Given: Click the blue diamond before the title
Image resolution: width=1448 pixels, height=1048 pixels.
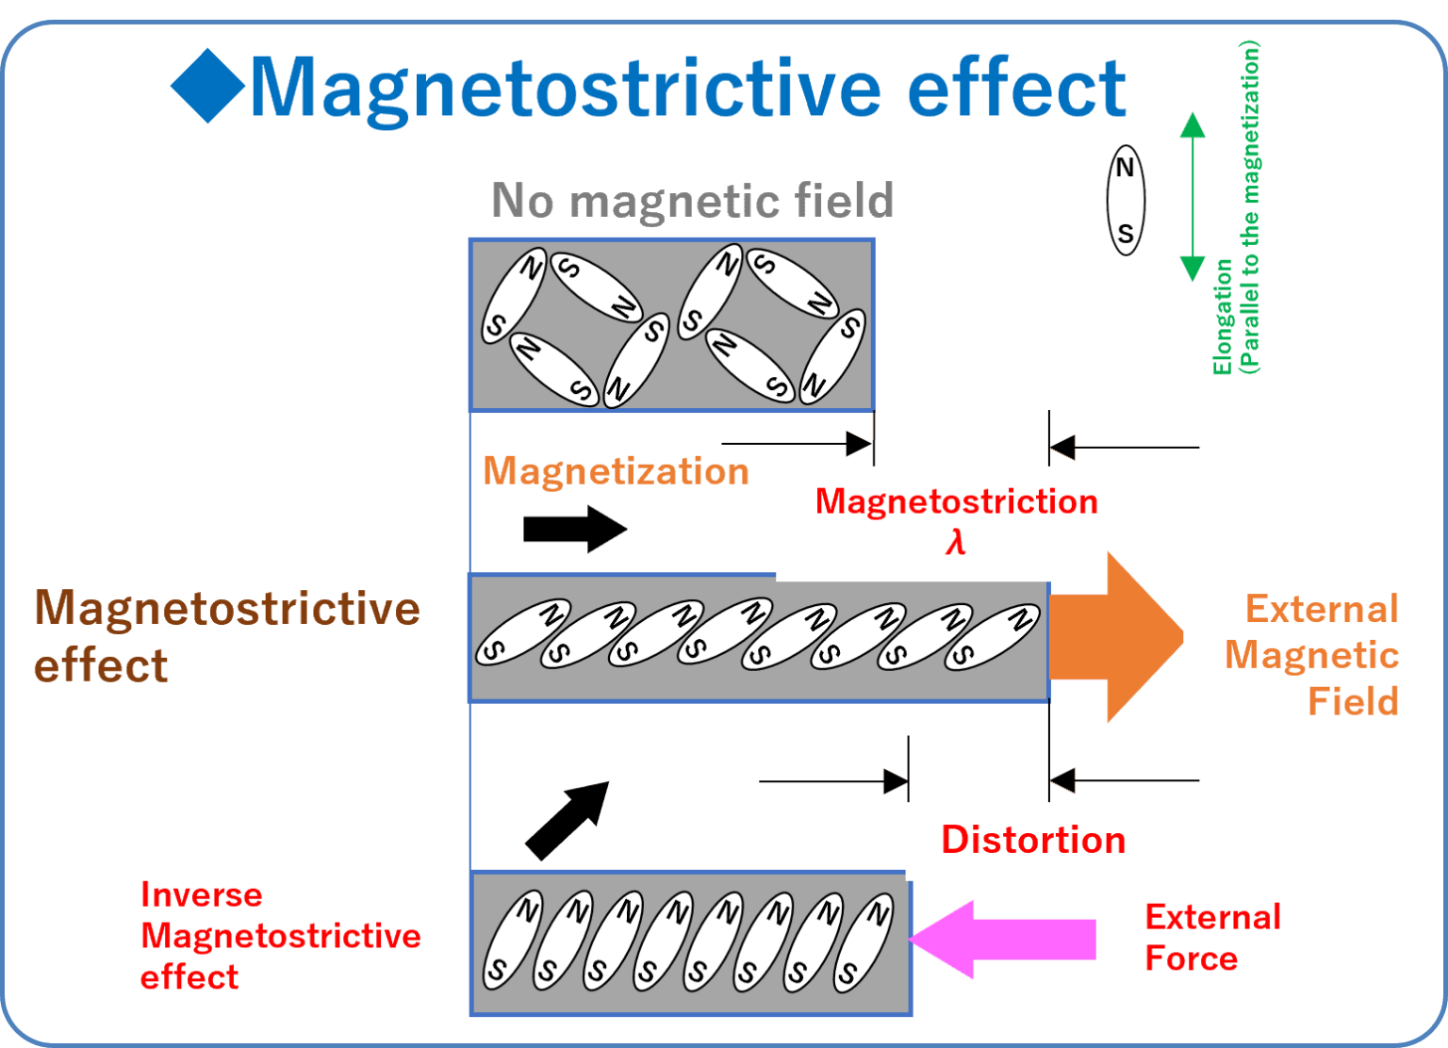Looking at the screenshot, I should click(x=207, y=87).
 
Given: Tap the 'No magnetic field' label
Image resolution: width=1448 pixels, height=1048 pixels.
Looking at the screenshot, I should click(x=692, y=200).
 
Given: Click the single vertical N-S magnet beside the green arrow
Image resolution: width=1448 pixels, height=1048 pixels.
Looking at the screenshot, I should click(x=1125, y=200).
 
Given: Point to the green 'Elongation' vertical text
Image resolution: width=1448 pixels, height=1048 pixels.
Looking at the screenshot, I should click(x=1224, y=317).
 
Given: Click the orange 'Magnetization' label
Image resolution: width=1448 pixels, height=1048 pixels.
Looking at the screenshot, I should click(x=616, y=470).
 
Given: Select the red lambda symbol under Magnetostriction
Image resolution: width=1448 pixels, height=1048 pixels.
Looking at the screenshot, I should click(x=955, y=542).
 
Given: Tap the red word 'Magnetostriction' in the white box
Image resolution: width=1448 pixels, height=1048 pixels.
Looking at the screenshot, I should click(x=956, y=501).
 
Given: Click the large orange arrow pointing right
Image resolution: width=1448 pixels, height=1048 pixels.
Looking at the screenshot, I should click(x=1117, y=638).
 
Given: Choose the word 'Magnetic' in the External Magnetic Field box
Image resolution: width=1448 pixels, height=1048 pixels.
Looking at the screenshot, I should click(x=1311, y=655).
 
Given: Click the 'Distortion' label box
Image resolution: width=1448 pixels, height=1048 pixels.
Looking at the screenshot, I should click(x=1033, y=840).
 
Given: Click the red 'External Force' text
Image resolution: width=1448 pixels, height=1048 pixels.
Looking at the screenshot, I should click(x=1211, y=937).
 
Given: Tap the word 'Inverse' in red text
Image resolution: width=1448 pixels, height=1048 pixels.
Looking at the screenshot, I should click(x=201, y=894).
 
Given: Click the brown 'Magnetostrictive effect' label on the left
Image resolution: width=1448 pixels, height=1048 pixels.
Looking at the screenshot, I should click(x=226, y=635).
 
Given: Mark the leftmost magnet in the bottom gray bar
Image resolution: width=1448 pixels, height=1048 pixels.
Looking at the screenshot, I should click(x=512, y=941).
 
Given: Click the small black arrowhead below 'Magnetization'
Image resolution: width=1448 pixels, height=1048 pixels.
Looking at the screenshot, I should click(x=608, y=529).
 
